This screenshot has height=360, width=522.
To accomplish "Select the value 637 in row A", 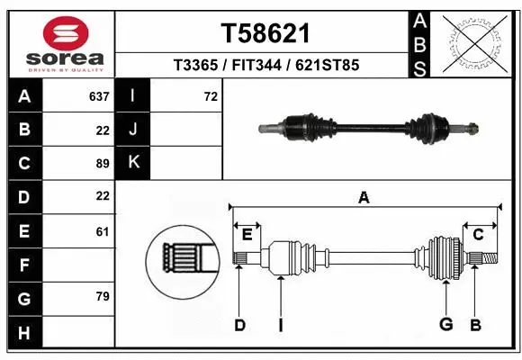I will point(99,96).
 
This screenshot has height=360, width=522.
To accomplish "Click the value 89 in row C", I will point(102,164).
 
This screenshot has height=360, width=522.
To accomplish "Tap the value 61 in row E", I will point(102,231).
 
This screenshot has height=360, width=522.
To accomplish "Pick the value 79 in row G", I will point(102,296).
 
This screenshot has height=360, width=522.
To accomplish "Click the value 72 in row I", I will point(211,96).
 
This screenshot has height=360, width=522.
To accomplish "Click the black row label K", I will point(133,163).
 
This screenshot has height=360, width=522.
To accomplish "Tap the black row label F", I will point(23,265).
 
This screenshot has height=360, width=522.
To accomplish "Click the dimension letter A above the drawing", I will point(364,198).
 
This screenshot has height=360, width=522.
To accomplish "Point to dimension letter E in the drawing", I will point(247,235).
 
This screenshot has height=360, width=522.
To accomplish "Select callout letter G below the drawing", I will point(445,325).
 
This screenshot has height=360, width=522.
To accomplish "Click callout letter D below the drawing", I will point(239,325).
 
